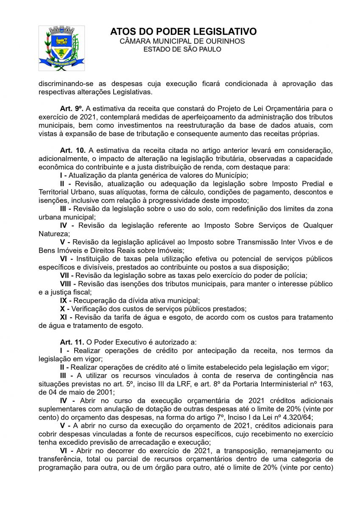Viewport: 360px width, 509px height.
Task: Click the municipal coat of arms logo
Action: tap(61, 48)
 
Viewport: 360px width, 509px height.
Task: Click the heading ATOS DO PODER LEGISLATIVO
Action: tap(183, 32)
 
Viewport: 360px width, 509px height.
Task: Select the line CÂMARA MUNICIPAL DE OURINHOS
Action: tap(182, 41)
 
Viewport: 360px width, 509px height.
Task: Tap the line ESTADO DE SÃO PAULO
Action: tap(182, 49)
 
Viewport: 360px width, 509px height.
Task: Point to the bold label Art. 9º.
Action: tap(72, 109)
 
